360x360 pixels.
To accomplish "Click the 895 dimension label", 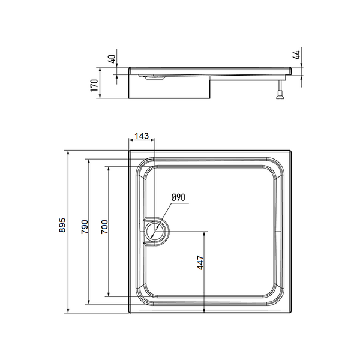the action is click(62, 225).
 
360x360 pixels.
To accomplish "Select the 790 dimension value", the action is click(85, 227).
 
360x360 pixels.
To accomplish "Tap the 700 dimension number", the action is click(104, 227).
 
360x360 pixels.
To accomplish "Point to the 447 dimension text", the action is click(200, 263).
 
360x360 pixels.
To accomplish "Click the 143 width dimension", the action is click(142, 136).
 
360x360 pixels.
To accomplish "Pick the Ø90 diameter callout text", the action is click(178, 197).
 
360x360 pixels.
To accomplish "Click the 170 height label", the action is click(94, 85).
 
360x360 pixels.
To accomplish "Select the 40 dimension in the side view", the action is click(112, 59).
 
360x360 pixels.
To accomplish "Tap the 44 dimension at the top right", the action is click(296, 55).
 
